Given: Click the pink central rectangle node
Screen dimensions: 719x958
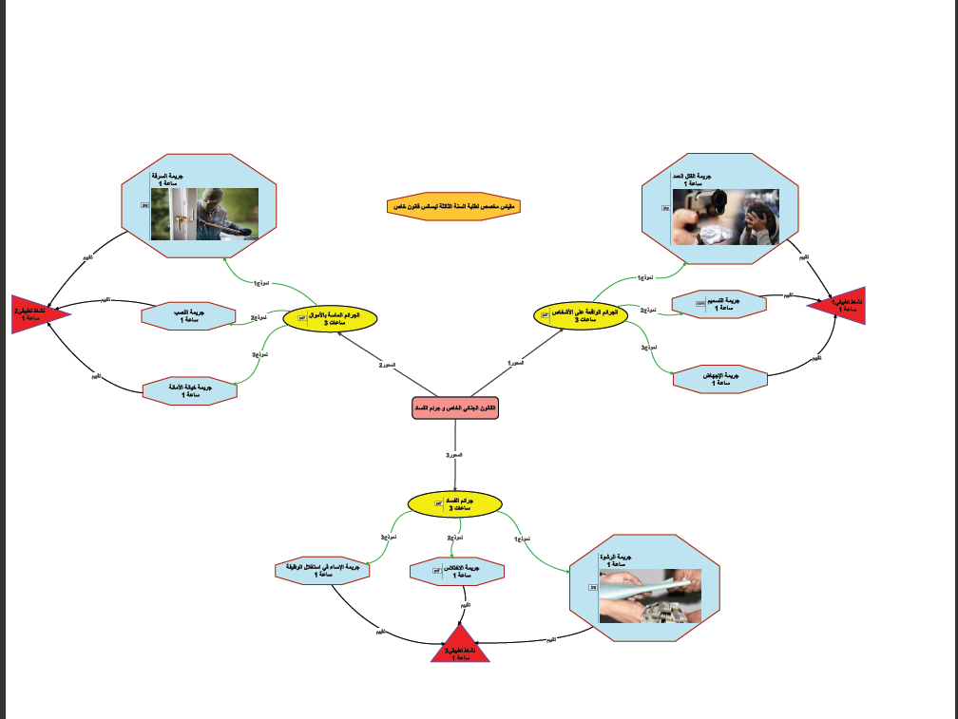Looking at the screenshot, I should [454, 407].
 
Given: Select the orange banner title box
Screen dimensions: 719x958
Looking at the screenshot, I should [454, 206].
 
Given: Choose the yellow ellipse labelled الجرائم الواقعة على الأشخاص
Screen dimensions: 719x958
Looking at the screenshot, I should [581, 315].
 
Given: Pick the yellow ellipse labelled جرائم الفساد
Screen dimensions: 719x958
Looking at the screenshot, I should [454, 504].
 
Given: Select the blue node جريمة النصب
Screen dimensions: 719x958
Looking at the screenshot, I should [188, 316].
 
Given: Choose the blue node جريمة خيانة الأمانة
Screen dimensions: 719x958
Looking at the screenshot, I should [189, 390].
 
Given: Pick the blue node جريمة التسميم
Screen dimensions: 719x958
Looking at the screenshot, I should [719, 304].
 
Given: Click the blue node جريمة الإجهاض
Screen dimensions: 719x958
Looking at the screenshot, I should [719, 379].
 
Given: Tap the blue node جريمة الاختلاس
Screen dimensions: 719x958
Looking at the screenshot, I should [456, 572].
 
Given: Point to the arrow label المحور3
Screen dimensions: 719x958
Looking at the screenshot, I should [454, 457].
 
